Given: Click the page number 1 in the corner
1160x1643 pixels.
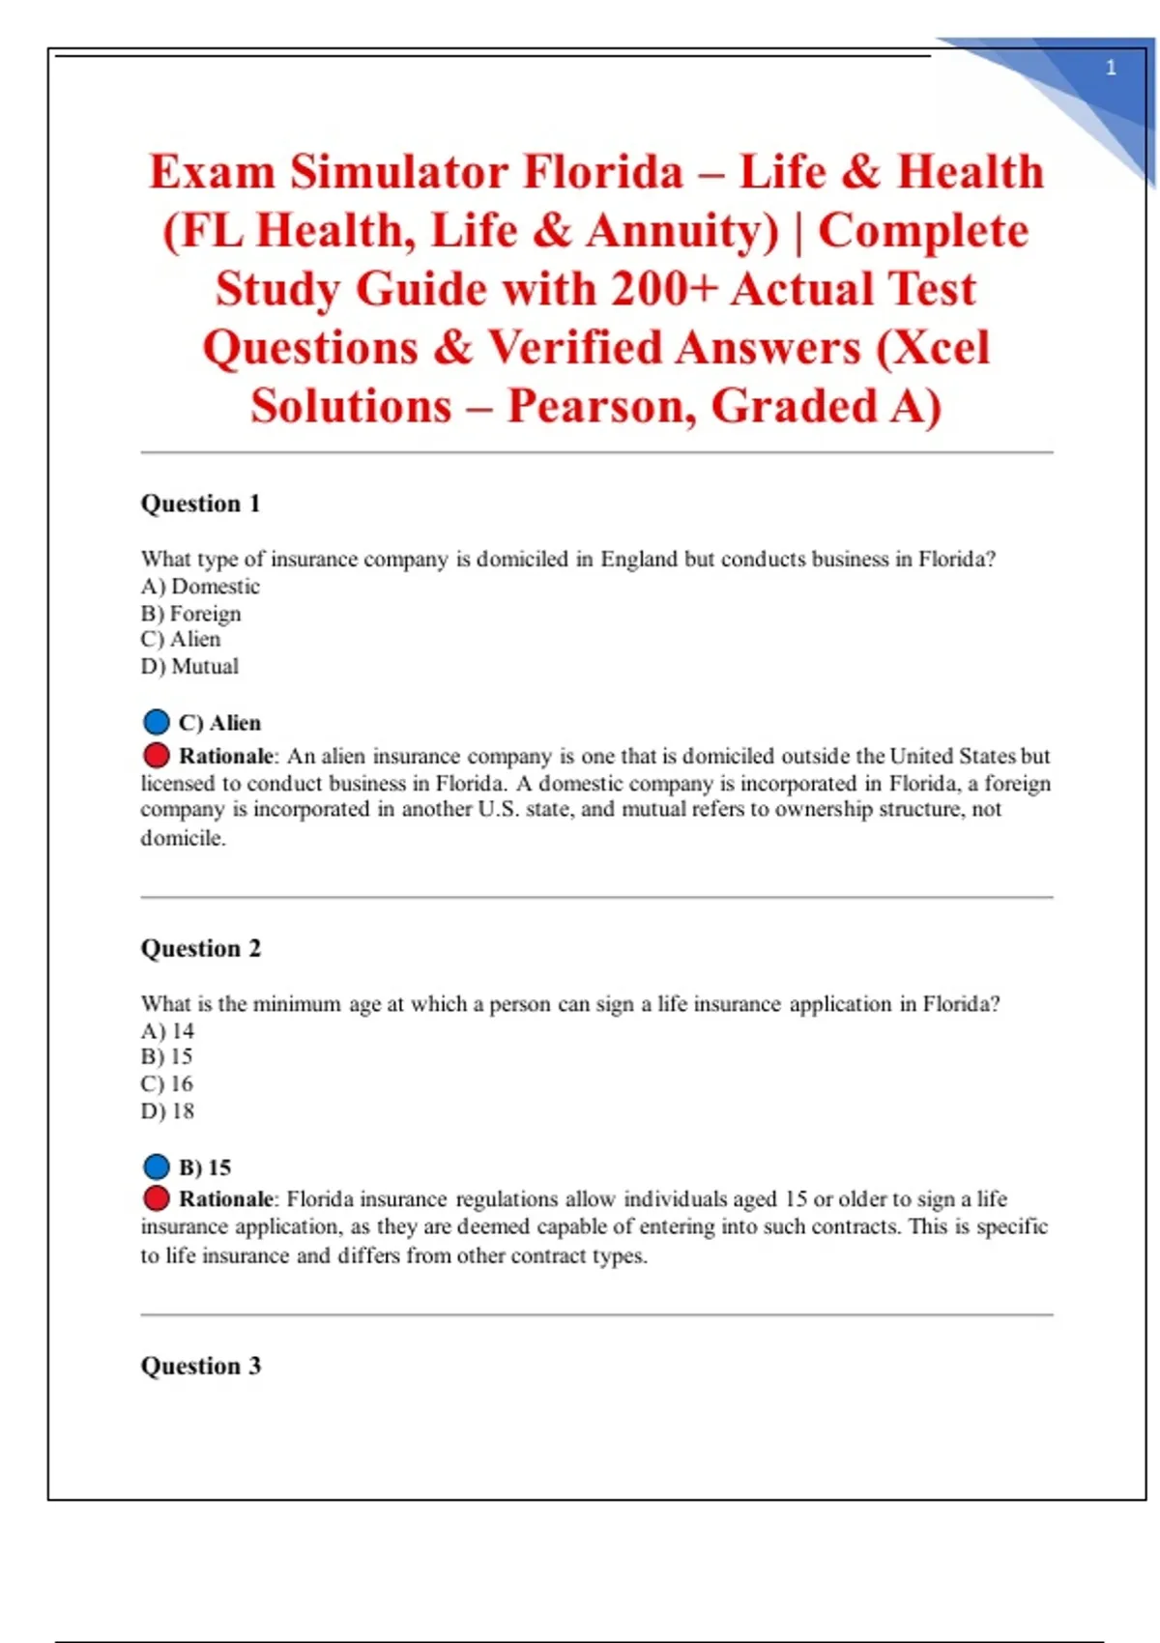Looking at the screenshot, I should [1111, 68].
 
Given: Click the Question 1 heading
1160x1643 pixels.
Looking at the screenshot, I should [201, 504].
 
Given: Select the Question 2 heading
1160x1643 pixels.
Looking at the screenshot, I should [201, 948].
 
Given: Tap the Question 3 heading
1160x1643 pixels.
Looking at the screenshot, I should [201, 1366].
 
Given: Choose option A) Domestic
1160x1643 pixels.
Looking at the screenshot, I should [200, 587].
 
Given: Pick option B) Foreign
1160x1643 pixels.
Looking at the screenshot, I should [190, 614].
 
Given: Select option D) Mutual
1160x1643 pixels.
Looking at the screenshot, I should [189, 667].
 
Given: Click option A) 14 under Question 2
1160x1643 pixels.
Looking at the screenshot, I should [167, 1031].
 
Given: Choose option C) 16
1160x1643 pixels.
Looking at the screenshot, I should [167, 1084].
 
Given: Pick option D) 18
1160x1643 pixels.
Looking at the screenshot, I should [167, 1111].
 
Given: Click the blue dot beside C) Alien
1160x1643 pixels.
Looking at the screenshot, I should [156, 722].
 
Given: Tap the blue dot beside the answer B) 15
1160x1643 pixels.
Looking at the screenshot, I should [156, 1167].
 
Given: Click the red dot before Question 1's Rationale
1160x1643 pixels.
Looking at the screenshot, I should [156, 755].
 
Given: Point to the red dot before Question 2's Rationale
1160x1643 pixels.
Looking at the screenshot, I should [156, 1198].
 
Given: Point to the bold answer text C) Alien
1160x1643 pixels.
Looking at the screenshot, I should [219, 723].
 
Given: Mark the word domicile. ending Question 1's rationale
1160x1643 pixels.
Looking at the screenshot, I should [184, 838].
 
